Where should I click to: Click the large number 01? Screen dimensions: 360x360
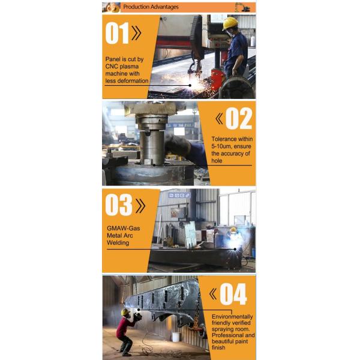point(117,33)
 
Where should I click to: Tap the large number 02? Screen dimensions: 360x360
point(239,118)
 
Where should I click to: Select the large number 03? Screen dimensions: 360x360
point(119,205)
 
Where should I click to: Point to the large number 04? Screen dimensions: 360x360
point(233,294)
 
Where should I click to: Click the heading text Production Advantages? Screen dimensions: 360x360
point(151,7)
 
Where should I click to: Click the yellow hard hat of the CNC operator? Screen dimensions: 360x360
point(230,23)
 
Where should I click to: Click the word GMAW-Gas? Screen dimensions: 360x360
point(123,228)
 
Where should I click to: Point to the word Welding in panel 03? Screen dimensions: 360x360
point(118,242)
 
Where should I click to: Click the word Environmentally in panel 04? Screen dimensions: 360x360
point(232,317)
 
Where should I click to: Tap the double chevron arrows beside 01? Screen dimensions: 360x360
point(137,33)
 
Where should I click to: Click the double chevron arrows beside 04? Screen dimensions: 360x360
point(213,294)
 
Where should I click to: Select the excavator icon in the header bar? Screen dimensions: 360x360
point(242,7)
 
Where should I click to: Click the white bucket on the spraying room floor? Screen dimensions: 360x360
point(176,337)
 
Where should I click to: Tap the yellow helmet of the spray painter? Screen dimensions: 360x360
point(125,312)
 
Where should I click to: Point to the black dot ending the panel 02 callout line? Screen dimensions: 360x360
point(154,165)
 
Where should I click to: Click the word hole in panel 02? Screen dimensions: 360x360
point(217,161)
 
